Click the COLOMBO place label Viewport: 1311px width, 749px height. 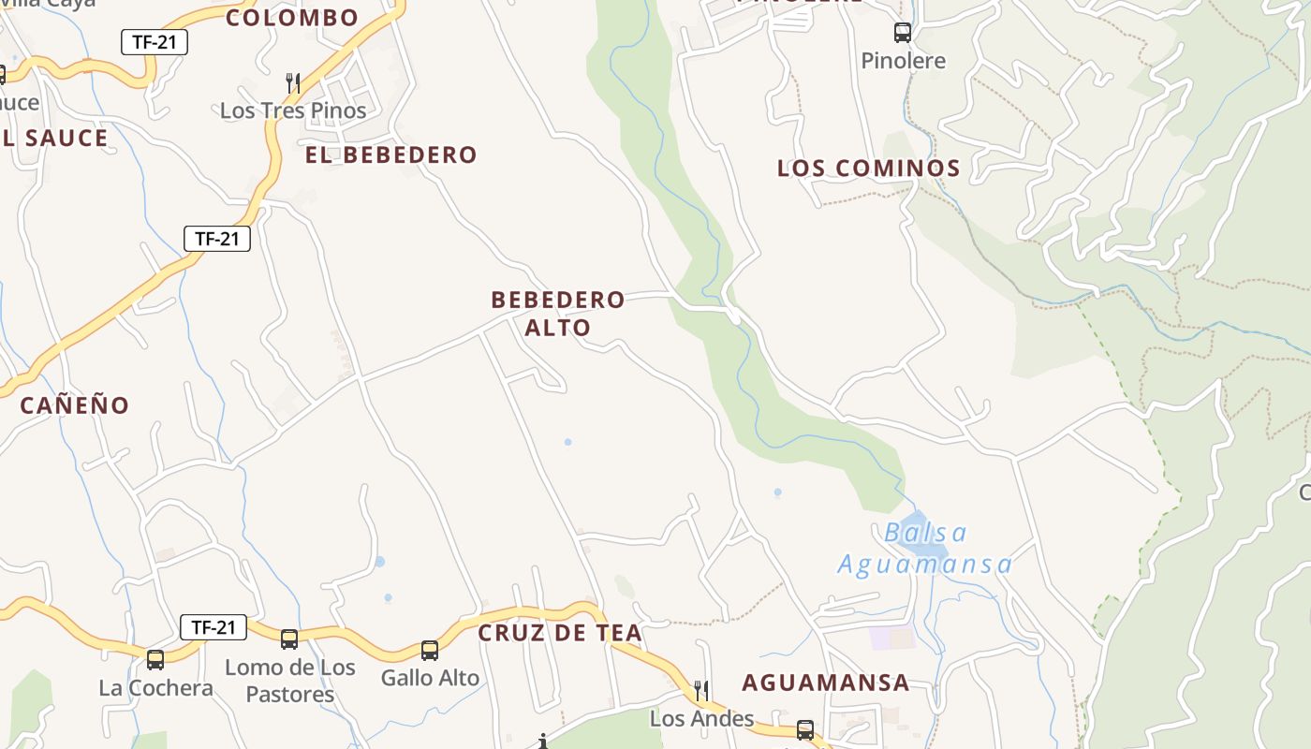pos(292,18)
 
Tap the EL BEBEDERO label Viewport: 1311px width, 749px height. pos(391,155)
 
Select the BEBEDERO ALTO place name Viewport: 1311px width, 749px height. pos(558,314)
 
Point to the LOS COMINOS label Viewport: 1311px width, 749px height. pos(869,169)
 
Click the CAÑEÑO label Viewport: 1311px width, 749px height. pos(75,405)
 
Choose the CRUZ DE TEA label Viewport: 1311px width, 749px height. pos(560,633)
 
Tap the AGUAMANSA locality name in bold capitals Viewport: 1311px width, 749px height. pos(826,683)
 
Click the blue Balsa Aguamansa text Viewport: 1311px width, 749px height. pos(925,549)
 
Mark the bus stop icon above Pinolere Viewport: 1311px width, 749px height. pos(903,33)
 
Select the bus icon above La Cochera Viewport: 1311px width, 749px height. pos(155,659)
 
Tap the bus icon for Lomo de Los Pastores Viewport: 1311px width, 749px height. pos(289,639)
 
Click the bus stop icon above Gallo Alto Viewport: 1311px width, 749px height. pos(430,650)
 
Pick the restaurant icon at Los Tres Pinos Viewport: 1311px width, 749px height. pos(293,82)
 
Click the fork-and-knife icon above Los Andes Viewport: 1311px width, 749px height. pos(701,691)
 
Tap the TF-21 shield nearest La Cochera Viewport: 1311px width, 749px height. pos(214,627)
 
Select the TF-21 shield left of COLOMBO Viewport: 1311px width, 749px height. pos(155,42)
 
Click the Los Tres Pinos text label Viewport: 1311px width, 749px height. pos(293,110)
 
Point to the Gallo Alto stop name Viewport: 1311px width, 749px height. pos(430,678)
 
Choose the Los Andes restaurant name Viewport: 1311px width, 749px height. pos(701,719)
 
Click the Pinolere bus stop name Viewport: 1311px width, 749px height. pos(903,61)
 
